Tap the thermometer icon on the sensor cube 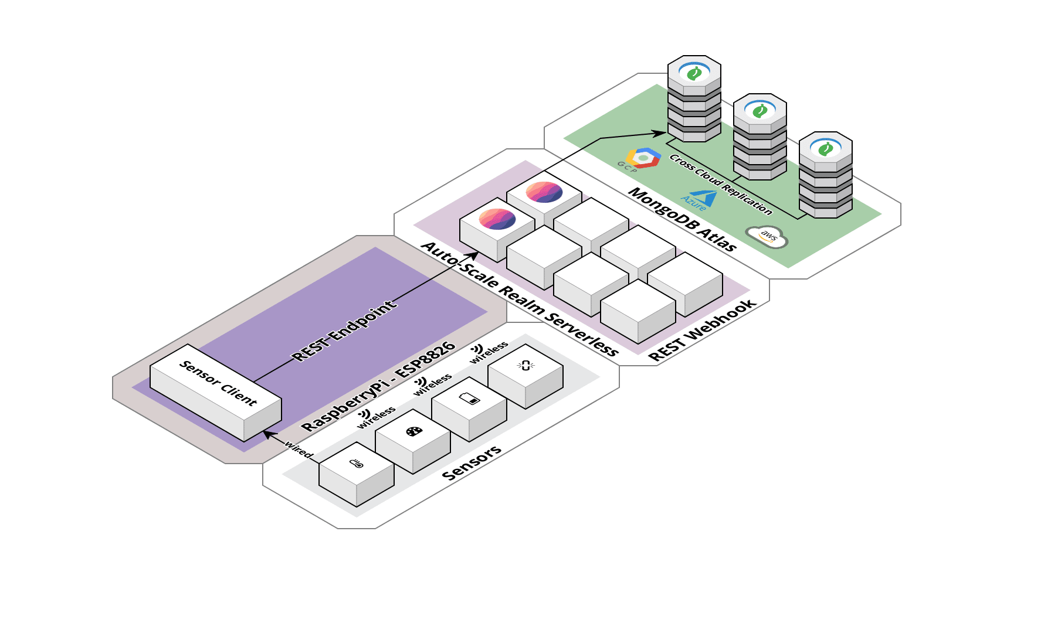click(357, 464)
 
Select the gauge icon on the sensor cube click(413, 432)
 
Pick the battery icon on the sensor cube click(469, 399)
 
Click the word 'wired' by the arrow click(299, 450)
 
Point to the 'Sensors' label click(472, 463)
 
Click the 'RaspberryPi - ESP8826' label click(378, 386)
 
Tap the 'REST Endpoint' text click(344, 331)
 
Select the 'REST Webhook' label click(702, 331)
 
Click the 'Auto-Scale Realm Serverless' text click(520, 299)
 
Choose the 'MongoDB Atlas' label click(682, 219)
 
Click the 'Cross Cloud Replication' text click(721, 184)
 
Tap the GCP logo click(643, 158)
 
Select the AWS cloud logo click(767, 236)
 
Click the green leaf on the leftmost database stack click(694, 73)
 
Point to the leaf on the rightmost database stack click(826, 149)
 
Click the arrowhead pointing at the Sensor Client click(267, 434)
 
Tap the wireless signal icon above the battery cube click(421, 382)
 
